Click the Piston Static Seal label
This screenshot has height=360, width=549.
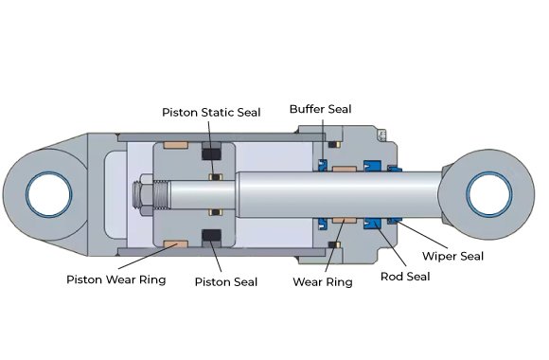[x=211, y=113]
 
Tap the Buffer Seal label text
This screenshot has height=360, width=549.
[x=320, y=109]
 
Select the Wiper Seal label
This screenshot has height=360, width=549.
[x=452, y=256]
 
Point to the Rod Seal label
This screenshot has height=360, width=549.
[x=405, y=277]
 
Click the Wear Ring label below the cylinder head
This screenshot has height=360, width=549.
[x=323, y=281]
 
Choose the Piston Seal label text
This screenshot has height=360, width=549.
[x=226, y=281]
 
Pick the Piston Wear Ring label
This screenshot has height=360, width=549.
[x=115, y=279]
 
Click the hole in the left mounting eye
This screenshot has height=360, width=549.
[x=49, y=194]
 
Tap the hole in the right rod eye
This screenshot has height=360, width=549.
[x=489, y=194]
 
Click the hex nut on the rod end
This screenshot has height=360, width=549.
[x=143, y=194]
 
